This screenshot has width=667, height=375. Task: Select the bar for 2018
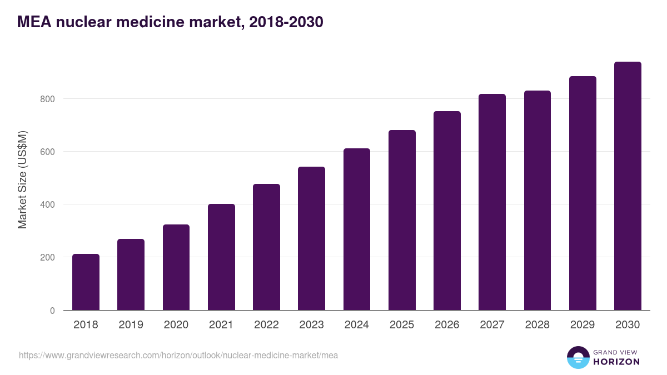[x=86, y=282]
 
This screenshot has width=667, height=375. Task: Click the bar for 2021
[x=221, y=257]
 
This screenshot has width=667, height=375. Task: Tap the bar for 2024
[x=357, y=229]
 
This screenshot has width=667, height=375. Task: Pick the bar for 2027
[x=492, y=202]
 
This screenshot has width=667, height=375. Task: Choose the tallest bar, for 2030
[x=628, y=186]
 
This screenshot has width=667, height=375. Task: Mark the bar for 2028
[x=537, y=201]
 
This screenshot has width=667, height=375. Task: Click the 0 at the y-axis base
[x=52, y=311]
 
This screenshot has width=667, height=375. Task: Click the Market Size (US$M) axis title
[x=22, y=179]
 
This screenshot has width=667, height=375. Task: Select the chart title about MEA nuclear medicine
[x=170, y=22]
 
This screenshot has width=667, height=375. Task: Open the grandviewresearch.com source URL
[x=178, y=355]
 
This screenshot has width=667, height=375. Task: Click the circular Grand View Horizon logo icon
[x=578, y=357]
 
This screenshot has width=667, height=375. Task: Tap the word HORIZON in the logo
[x=616, y=362]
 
